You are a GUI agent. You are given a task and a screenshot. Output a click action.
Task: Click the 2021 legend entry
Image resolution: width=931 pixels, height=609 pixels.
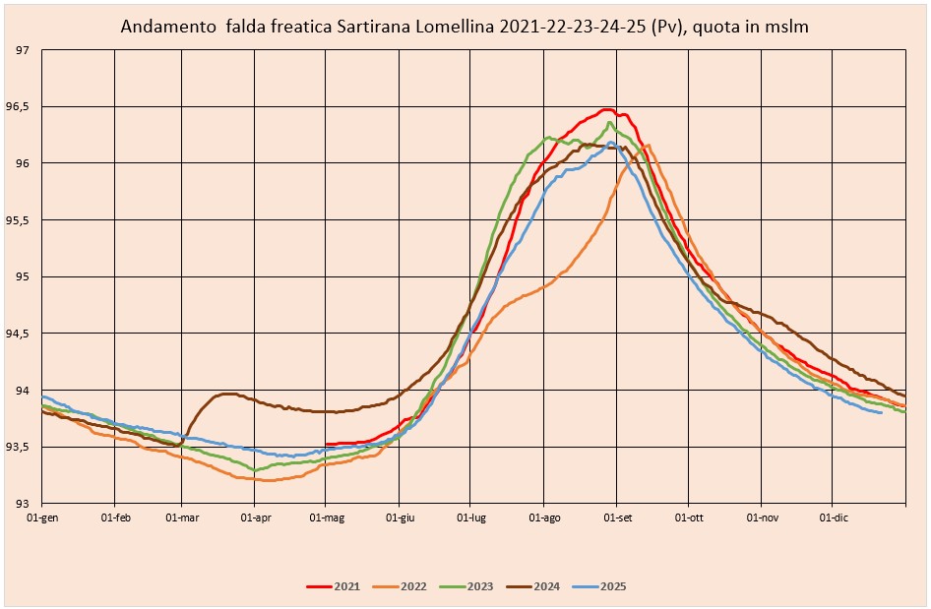coord(333,586)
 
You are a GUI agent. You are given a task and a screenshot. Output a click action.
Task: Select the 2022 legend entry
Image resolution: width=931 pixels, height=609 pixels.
coord(400,586)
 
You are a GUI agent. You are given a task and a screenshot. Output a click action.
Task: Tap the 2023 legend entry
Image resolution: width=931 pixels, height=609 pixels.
coord(466,586)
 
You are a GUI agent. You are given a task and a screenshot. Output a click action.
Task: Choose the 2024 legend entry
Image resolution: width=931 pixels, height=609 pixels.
coord(532,586)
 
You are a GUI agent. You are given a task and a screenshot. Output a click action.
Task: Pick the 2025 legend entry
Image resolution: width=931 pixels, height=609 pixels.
coord(599,586)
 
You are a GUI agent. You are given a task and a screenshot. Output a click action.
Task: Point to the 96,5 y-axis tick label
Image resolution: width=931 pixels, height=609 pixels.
coord(17,107)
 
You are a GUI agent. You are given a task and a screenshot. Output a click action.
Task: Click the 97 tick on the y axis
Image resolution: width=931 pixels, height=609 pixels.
coord(22,50)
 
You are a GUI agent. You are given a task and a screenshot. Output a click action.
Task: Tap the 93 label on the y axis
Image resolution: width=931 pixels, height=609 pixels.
coord(22,504)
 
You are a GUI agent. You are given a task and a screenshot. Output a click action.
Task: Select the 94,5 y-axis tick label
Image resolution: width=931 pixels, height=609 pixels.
coord(17,334)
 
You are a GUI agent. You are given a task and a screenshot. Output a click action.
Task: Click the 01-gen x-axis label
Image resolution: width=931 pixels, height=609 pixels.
coord(42,518)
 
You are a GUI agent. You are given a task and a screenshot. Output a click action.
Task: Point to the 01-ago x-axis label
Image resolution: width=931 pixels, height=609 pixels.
coord(544,518)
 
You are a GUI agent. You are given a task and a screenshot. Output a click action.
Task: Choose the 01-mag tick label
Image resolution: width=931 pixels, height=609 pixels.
coord(327,518)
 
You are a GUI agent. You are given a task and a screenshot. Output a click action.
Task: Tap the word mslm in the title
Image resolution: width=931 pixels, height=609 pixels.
coord(786,27)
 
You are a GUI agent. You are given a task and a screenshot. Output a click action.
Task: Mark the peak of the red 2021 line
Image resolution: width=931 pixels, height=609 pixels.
coord(606,109)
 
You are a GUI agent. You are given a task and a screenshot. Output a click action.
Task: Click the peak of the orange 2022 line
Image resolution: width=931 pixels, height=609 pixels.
coord(648,145)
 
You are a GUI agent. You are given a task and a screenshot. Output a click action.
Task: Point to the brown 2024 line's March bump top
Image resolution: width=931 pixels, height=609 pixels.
coord(227,394)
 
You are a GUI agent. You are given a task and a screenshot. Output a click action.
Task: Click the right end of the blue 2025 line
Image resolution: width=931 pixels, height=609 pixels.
coord(882,412)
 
